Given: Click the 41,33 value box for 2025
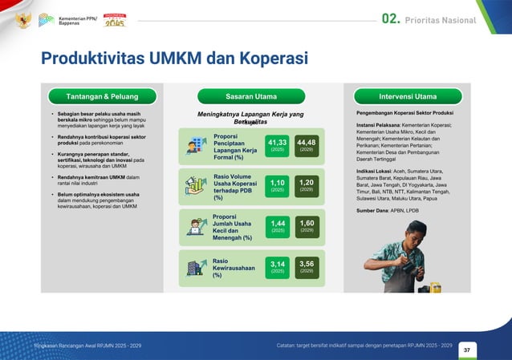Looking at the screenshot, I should point(278,145).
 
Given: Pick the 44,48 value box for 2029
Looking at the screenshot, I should point(307,145).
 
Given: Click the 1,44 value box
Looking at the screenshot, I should point(278,225).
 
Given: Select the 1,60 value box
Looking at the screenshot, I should point(307,225).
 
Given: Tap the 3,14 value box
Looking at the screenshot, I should point(278,266).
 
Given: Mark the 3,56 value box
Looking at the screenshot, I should point(307,266).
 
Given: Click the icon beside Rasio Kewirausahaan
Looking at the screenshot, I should point(194,268).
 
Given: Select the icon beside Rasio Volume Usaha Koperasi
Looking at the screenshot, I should point(194,186).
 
